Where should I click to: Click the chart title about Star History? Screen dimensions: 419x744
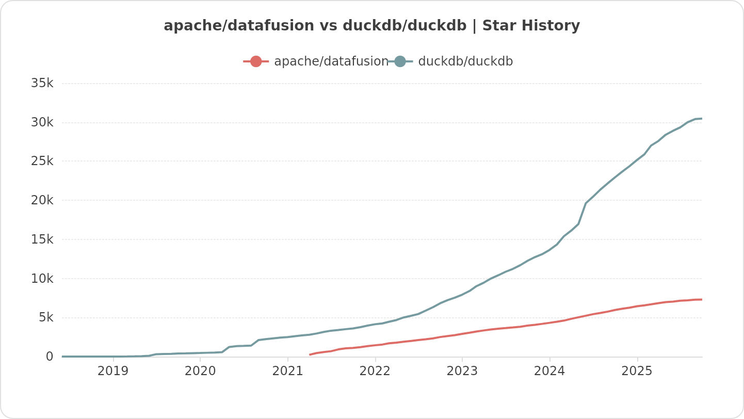tap(371, 26)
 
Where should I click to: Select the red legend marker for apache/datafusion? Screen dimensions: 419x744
tap(256, 61)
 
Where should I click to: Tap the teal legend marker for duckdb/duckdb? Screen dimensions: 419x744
tap(400, 61)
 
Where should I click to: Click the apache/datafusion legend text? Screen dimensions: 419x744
tap(331, 61)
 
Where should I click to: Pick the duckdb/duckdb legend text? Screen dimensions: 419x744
tap(465, 61)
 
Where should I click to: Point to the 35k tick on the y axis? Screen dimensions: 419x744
tap(42, 83)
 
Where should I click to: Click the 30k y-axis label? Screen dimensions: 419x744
tap(42, 122)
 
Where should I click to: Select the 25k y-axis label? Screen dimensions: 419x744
tap(42, 161)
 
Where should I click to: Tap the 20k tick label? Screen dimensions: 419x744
tap(42, 200)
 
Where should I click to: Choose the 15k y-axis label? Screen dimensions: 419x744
tap(42, 239)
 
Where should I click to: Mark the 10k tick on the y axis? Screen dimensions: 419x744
tap(42, 279)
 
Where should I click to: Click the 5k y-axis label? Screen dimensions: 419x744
tap(46, 317)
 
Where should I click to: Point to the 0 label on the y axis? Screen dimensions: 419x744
tap(50, 357)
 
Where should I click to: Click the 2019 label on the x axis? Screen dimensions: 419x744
tap(113, 371)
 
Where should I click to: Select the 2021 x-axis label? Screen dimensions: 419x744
tap(287, 371)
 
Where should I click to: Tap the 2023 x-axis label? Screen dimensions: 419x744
tap(462, 371)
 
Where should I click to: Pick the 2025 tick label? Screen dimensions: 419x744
tap(637, 371)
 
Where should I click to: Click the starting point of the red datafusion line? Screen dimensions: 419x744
tap(310, 354)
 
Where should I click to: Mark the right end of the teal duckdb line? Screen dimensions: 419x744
tap(702, 119)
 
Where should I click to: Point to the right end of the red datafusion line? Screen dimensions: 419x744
tap(702, 299)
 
